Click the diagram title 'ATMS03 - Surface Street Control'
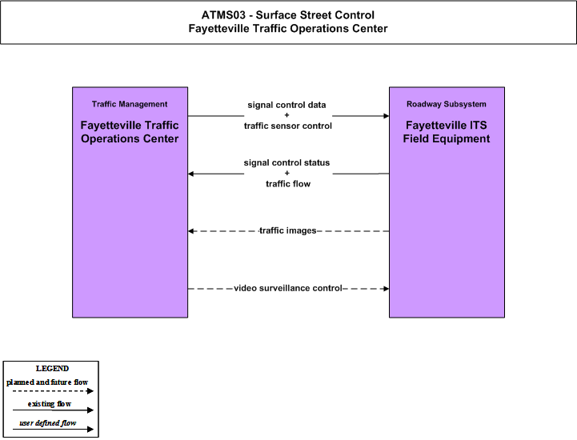(288, 15)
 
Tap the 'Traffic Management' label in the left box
(130, 104)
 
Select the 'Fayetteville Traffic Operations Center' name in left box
(130, 132)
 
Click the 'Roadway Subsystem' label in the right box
(447, 104)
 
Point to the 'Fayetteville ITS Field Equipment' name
(447, 132)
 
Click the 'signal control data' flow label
(286, 105)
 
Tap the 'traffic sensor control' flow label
(288, 126)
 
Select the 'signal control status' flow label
(286, 162)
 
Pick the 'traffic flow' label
(288, 183)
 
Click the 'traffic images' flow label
(288, 230)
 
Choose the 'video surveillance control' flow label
(288, 288)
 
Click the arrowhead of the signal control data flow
(387, 116)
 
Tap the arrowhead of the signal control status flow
(190, 174)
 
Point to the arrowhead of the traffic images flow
(190, 231)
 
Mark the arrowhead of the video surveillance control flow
(387, 289)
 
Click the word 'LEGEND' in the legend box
(52, 369)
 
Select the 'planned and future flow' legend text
(47, 382)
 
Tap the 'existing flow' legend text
(50, 404)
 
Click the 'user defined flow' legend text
(47, 423)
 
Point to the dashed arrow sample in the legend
(53, 391)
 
